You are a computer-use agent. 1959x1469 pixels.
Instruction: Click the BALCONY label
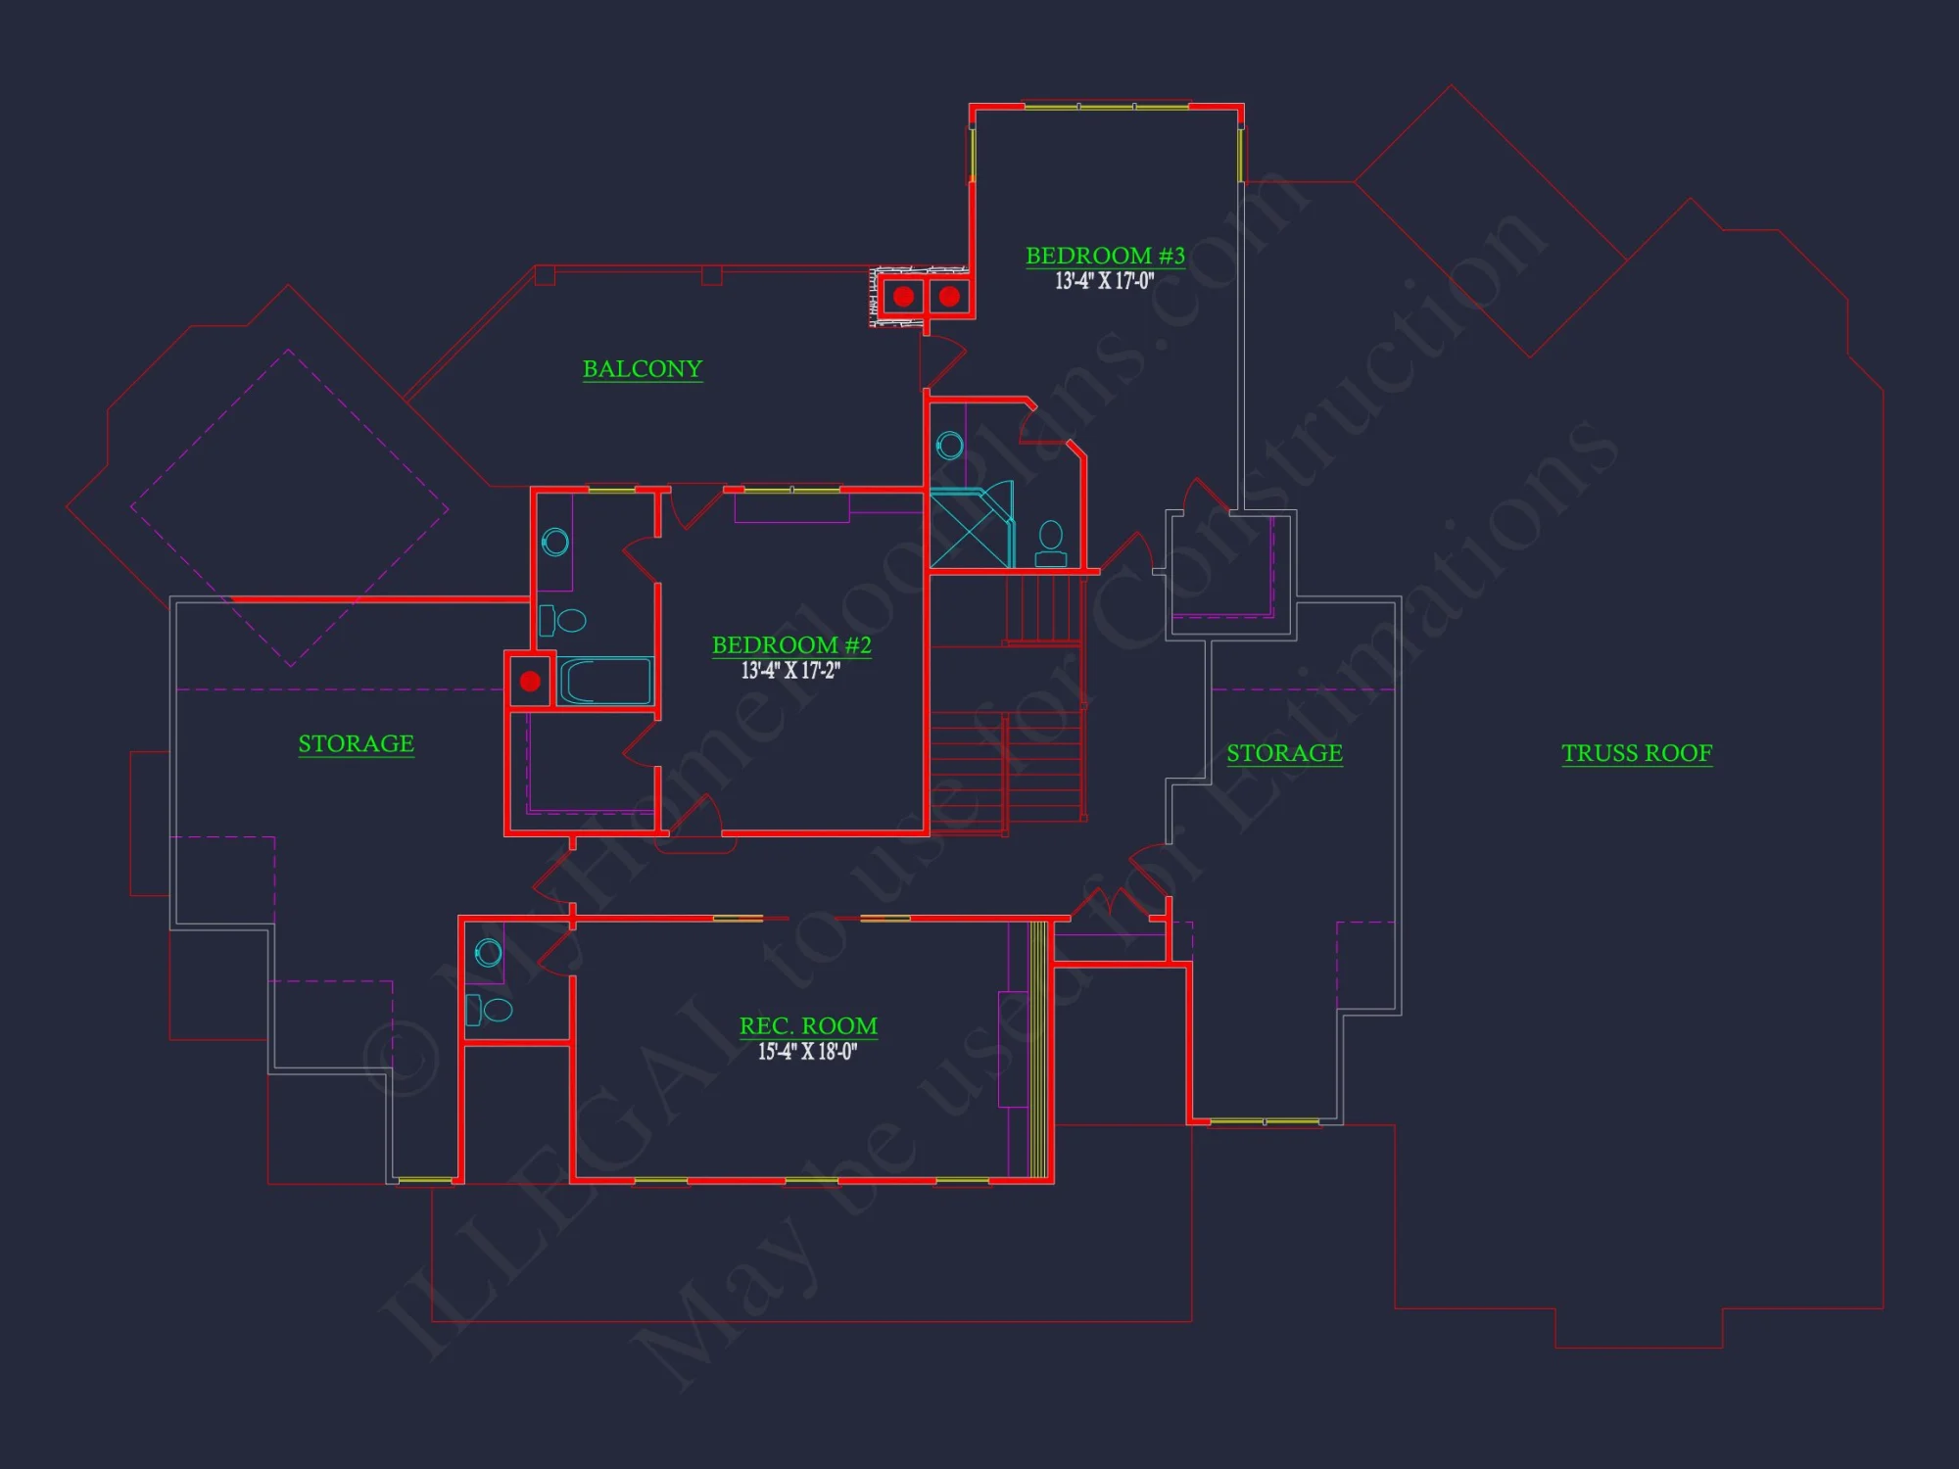[x=643, y=369]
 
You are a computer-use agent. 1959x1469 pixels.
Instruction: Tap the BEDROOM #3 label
[x=1105, y=256]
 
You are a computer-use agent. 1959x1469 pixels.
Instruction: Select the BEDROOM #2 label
[x=791, y=645]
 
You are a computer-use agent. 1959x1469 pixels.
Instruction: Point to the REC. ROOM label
[x=808, y=1026]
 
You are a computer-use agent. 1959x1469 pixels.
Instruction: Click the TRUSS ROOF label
[x=1637, y=753]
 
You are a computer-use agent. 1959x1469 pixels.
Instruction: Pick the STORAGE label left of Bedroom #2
[x=356, y=744]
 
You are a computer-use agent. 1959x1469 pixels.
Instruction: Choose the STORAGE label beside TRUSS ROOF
[x=1284, y=753]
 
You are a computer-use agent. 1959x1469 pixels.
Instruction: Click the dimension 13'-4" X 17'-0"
[x=1104, y=282]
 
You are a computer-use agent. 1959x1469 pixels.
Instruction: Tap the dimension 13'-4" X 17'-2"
[x=790, y=671]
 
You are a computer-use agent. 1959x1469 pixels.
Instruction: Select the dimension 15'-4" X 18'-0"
[x=807, y=1052]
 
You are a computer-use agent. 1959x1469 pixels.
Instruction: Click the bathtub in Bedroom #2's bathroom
[x=605, y=682]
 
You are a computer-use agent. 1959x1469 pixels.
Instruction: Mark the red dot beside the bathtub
[x=530, y=681]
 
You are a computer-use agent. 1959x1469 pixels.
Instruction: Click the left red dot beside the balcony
[x=903, y=296]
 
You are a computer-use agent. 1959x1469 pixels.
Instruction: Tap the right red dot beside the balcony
[x=949, y=296]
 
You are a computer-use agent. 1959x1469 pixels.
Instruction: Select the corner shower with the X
[x=970, y=527]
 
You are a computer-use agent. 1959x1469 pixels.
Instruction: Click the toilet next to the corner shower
[x=1051, y=544]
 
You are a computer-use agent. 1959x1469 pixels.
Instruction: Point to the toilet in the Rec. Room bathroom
[x=490, y=1009]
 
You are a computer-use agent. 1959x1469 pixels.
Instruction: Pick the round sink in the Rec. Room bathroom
[x=488, y=952]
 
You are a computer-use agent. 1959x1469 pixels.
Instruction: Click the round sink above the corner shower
[x=949, y=447]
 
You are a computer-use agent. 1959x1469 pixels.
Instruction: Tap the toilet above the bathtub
[x=563, y=620]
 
